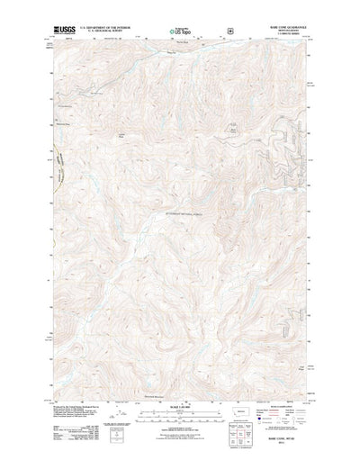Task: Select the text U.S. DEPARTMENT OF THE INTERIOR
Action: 105,29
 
